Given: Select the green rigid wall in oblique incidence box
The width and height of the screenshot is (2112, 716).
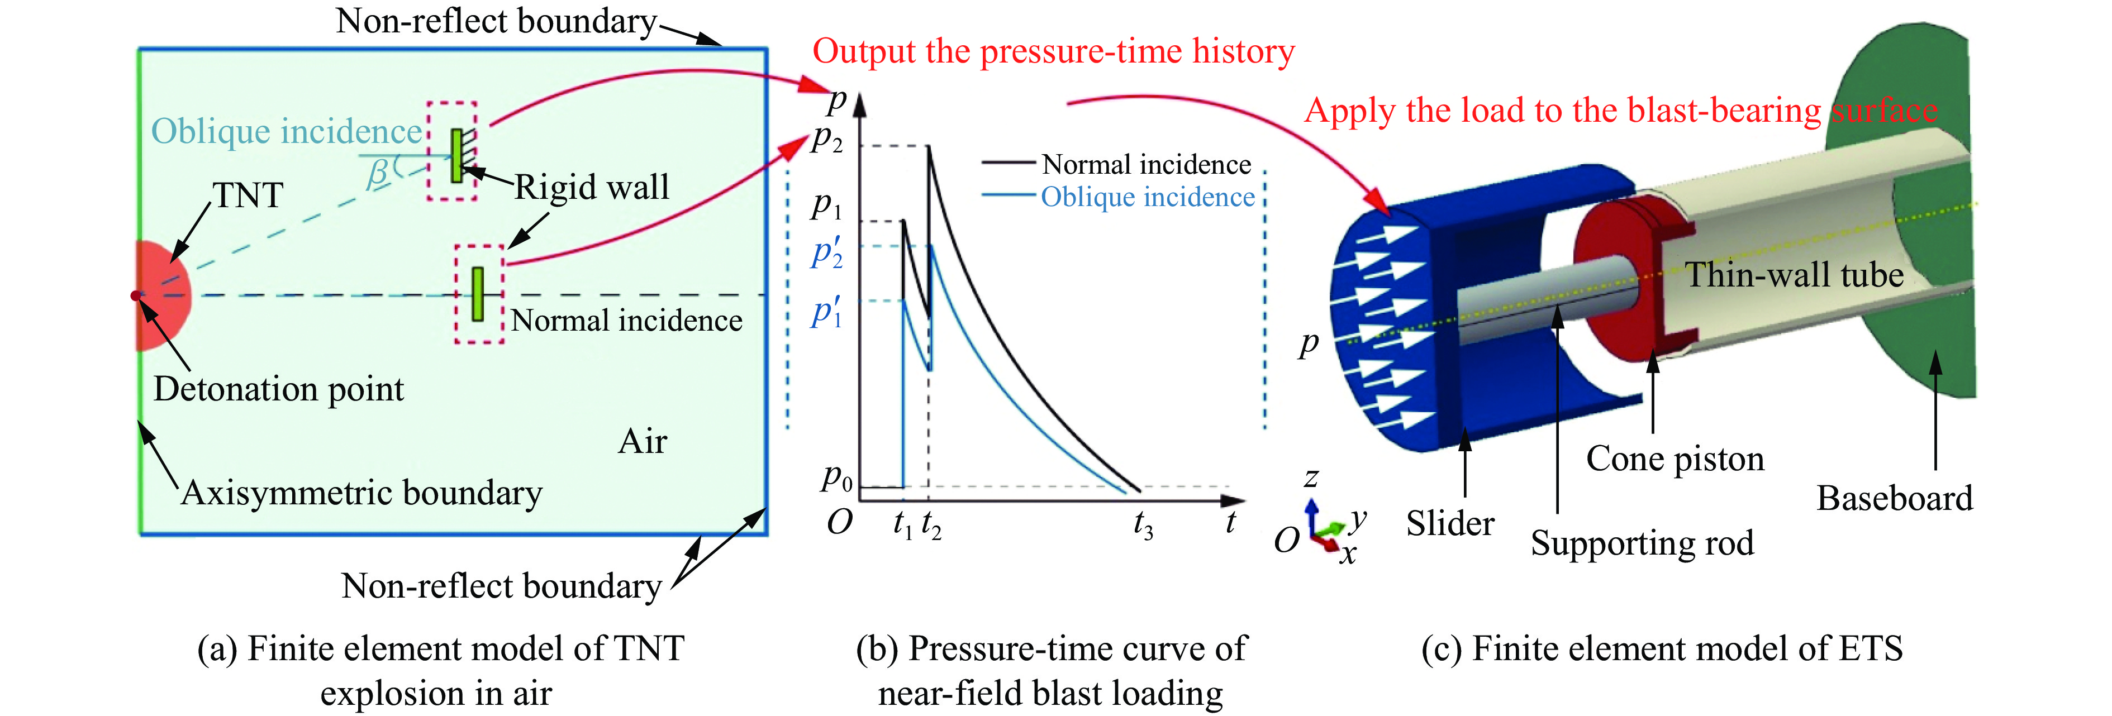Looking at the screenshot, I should click(456, 155).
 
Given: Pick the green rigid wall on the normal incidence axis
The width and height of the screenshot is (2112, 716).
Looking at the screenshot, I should click(477, 293).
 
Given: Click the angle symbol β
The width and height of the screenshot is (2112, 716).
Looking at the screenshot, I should click(378, 173).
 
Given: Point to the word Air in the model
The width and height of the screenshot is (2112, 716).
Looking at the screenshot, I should click(642, 442).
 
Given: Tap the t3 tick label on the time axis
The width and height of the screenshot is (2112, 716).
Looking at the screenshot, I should click(1143, 524).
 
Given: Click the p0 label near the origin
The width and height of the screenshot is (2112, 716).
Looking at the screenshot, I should click(837, 477).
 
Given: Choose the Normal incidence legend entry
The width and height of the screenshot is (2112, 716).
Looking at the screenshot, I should click(1145, 165).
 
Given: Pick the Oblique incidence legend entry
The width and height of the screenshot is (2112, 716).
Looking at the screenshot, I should click(1147, 198).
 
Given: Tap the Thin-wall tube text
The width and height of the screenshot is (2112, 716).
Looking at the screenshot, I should click(1794, 275).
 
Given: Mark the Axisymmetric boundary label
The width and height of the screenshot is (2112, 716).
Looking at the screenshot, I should click(361, 493).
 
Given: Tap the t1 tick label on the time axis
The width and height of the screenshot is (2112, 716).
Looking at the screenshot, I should click(903, 524).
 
